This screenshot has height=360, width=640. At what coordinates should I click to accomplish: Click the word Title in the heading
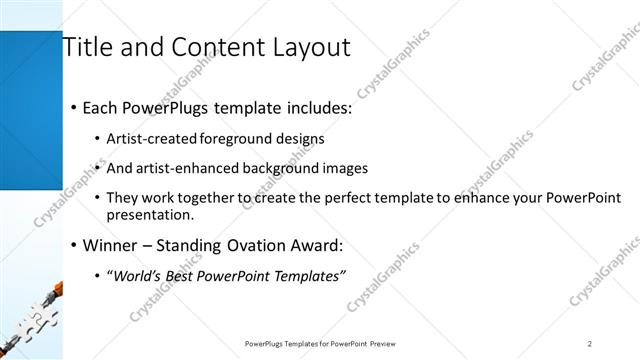(x=87, y=47)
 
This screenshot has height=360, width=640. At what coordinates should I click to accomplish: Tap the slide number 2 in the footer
(x=590, y=343)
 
